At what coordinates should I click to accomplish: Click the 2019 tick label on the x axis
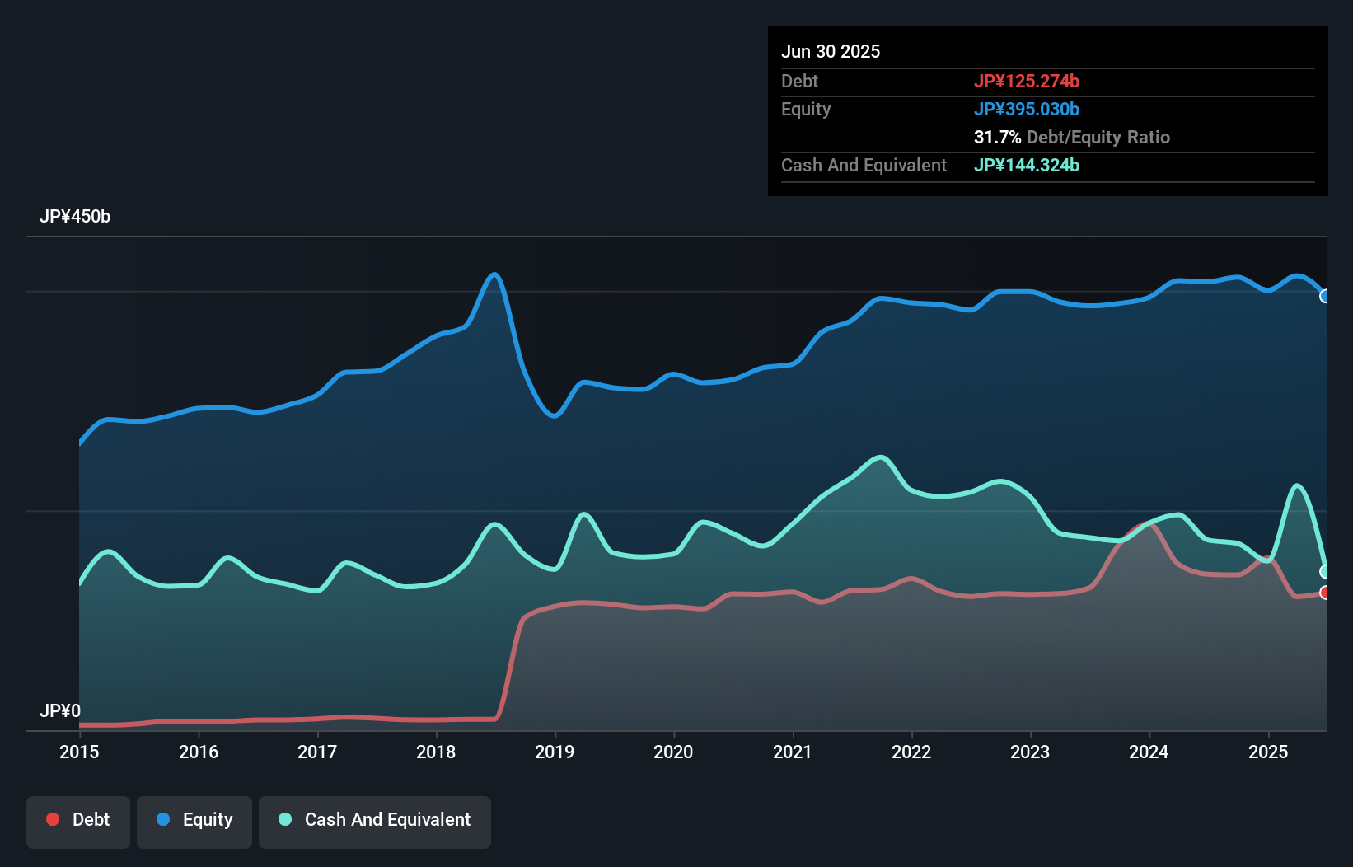555,752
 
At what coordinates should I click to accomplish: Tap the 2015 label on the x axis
79,752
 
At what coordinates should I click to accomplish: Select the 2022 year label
911,752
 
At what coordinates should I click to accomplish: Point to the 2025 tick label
1267,752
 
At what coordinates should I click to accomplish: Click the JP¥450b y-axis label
75,217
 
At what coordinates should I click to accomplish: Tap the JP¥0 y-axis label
60,710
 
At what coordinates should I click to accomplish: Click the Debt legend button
78,820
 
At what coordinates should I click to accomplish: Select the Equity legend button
194,820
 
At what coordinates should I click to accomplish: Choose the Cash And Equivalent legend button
375,820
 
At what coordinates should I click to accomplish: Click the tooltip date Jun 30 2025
831,51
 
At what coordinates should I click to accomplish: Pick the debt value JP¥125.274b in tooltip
1027,81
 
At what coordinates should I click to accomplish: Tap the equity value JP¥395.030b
1027,109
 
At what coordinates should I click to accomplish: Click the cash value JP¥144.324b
1027,165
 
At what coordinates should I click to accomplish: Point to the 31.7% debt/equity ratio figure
997,137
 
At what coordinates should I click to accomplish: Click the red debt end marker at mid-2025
1324,593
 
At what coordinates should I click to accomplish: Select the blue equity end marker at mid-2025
1324,296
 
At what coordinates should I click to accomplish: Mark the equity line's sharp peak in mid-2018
494,274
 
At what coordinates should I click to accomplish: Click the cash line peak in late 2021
881,457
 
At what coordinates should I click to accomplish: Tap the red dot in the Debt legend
53,819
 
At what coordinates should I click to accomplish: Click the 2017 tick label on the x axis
317,752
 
